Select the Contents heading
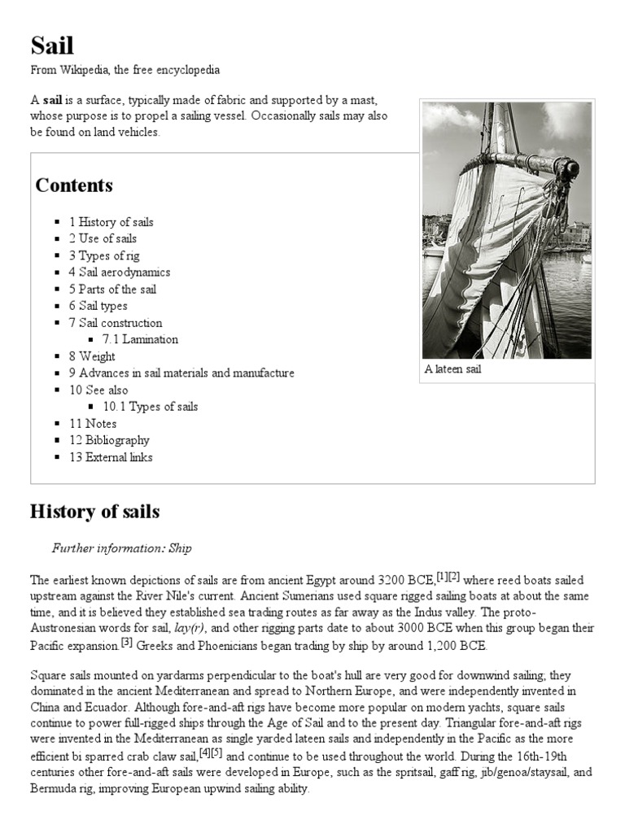tap(74, 185)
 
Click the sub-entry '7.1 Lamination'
tap(140, 339)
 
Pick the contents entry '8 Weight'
tap(92, 356)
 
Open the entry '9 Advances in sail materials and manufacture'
tap(181, 373)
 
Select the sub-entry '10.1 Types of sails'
tap(151, 407)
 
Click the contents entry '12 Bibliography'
tap(109, 440)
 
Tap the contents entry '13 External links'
tap(111, 457)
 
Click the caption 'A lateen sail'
tap(453, 369)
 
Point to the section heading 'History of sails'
tap(94, 512)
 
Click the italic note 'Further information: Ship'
tap(122, 548)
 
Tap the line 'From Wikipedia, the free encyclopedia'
tap(125, 71)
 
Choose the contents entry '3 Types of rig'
tap(103, 255)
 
